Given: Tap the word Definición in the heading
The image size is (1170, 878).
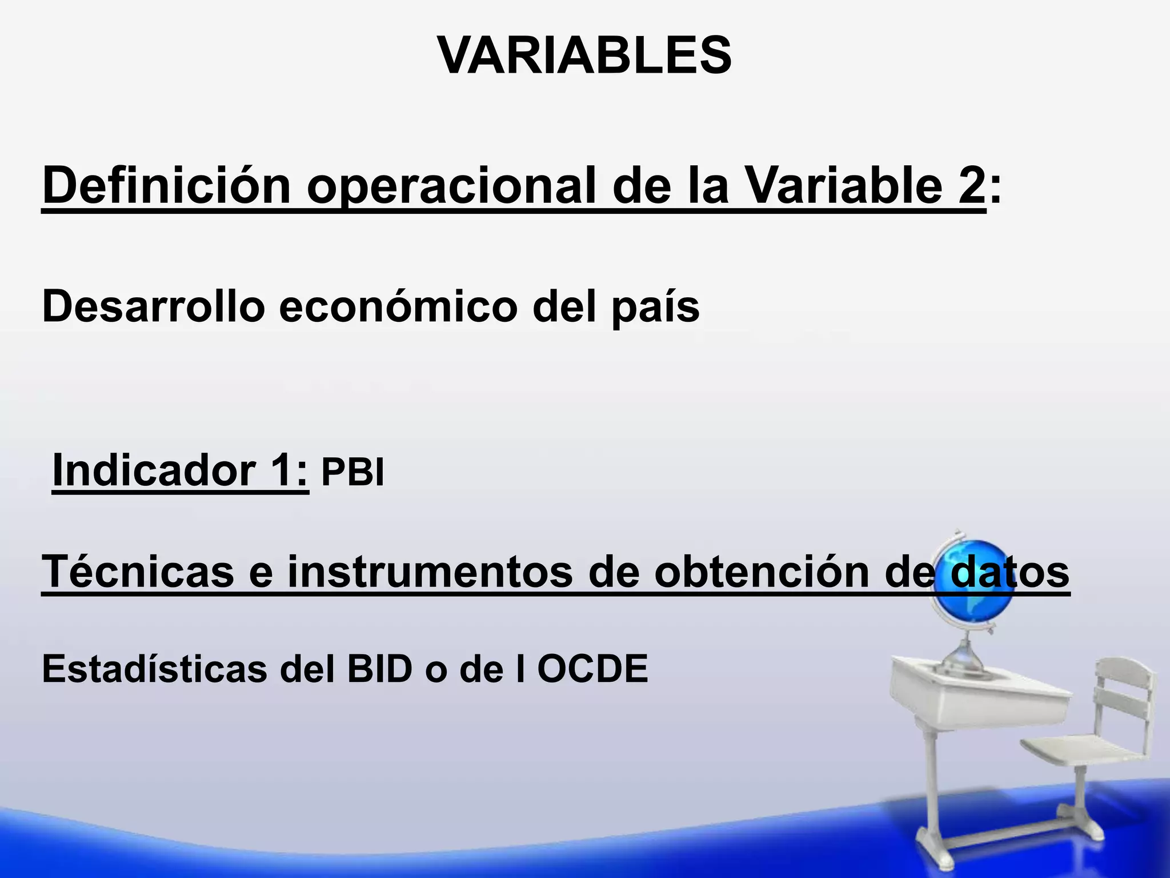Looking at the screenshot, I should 166,186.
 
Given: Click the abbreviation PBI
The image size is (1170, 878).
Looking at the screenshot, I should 352,473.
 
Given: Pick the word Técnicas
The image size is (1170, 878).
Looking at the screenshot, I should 138,572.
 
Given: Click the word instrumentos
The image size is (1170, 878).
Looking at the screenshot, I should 430,572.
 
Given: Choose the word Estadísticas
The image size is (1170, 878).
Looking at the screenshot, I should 154,669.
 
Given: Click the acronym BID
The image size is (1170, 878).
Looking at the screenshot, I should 379,669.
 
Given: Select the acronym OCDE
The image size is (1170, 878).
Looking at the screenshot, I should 592,669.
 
